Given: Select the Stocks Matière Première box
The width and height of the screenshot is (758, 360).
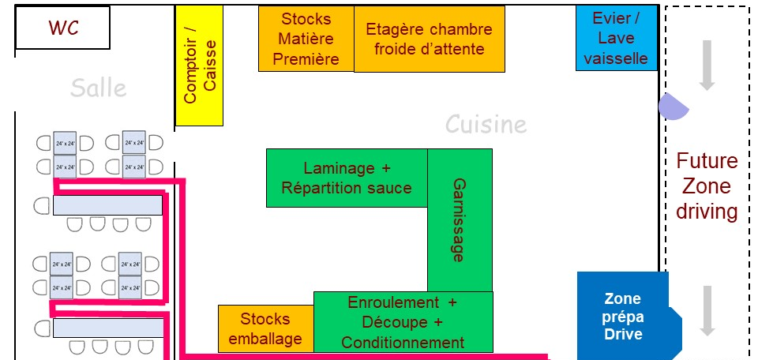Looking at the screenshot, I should coord(306,39).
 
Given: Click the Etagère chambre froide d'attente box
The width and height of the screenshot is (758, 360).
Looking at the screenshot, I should coord(429,39).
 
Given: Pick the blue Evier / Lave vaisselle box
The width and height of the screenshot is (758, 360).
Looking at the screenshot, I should coord(616,38).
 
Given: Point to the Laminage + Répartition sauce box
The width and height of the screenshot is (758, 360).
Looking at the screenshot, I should coord(347,178).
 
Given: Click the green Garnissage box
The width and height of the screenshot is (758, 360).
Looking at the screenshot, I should coord(460,219).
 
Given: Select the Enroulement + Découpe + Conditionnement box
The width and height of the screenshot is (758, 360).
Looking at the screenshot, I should coord(403,322).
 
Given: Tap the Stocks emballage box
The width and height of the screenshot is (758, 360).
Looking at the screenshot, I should coord(265,328).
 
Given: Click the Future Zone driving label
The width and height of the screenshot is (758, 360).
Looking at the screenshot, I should coord(707,187).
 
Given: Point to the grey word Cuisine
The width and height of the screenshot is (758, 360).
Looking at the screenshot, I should coord(486,125).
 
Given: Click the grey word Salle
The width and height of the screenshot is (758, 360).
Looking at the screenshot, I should coord(98,88).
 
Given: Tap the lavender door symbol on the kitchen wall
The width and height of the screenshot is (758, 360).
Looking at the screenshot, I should coord(672,107).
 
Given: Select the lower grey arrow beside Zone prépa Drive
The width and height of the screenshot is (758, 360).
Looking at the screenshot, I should coord(707,310).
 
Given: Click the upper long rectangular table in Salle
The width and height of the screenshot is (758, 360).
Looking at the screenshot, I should coord(107,205).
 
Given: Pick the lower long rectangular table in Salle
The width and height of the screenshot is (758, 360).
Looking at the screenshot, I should coord(107,328).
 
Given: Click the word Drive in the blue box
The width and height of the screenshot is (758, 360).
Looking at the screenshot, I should coord(624,334).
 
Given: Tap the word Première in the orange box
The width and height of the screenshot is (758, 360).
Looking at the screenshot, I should coord(306,58).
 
